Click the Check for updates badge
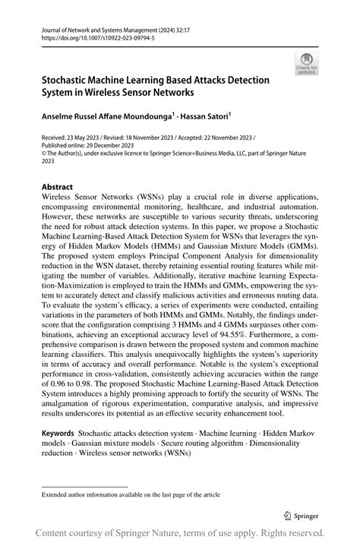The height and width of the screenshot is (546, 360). point(308,63)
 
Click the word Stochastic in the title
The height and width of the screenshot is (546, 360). point(71,80)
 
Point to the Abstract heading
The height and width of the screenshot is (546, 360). point(58,187)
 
